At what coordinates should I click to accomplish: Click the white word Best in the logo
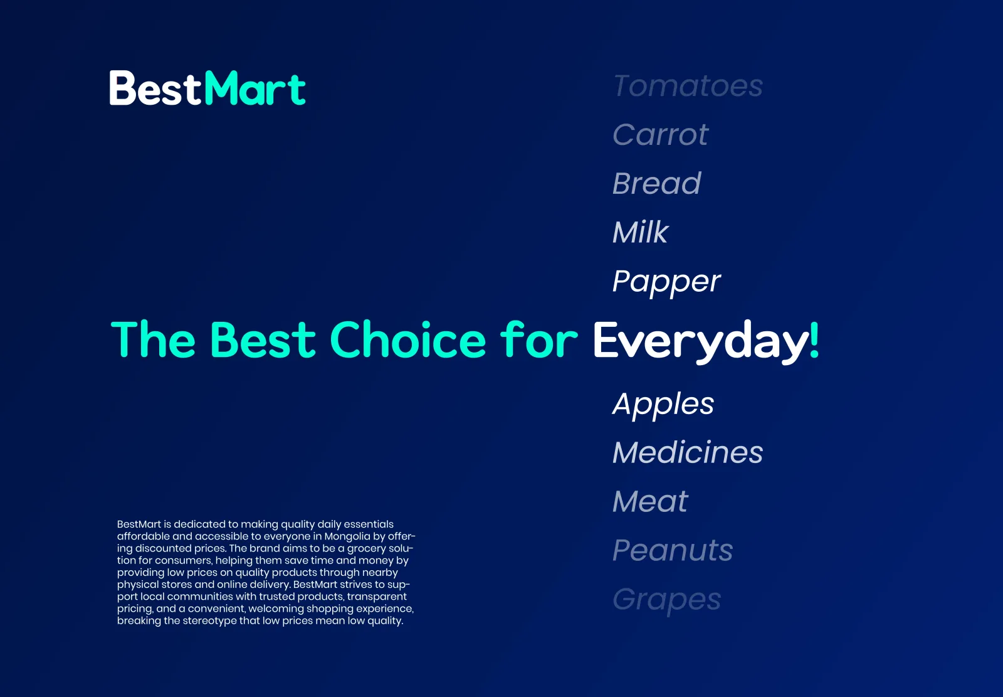[155, 88]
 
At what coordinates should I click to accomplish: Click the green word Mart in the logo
[255, 88]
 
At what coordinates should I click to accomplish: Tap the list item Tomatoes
[688, 85]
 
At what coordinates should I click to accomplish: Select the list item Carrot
[661, 134]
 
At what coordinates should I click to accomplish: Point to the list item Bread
[657, 183]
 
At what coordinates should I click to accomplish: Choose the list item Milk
[641, 231]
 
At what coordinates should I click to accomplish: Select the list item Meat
[650, 501]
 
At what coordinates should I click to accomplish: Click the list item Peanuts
[673, 550]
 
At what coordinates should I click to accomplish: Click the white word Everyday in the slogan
[701, 342]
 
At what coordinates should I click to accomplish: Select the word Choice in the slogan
[408, 339]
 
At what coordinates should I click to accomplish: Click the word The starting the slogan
[153, 339]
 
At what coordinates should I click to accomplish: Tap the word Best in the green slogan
[263, 339]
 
